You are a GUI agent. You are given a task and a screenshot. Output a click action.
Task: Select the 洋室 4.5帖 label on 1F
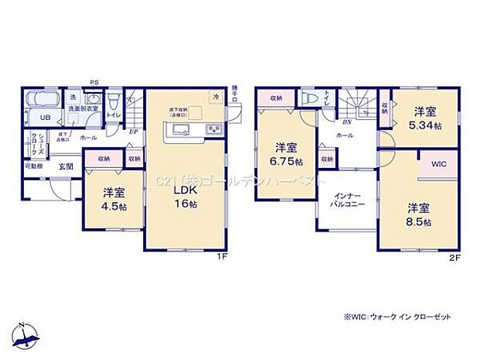pos(112,199)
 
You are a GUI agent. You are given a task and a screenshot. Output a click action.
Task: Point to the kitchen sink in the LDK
pos(178,130)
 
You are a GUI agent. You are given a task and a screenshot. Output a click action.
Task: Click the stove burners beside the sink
pos(212,129)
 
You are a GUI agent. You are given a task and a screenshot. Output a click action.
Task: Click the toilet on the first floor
pos(114,101)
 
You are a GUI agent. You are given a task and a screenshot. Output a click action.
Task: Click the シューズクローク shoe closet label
pos(35,143)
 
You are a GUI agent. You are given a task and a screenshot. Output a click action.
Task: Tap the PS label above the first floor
pos(94,81)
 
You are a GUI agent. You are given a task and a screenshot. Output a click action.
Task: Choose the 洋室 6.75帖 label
pos(285,153)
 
